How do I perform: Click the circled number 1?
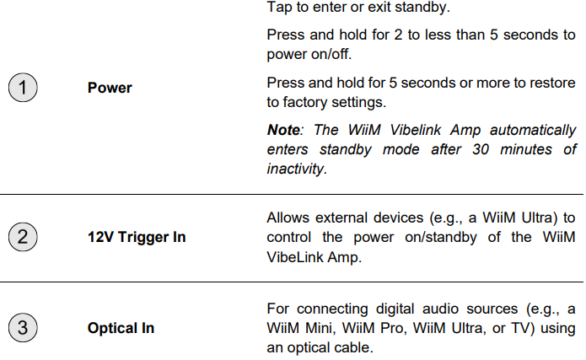[23, 88]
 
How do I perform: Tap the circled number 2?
[23, 237]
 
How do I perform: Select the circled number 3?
[23, 327]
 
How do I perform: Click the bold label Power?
[110, 88]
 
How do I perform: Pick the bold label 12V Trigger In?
[137, 237]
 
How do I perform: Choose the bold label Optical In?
[121, 328]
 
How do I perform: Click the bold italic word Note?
[283, 130]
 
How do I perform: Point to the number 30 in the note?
[481, 149]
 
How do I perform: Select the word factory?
[304, 102]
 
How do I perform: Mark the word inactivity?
[297, 169]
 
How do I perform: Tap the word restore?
[550, 83]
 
